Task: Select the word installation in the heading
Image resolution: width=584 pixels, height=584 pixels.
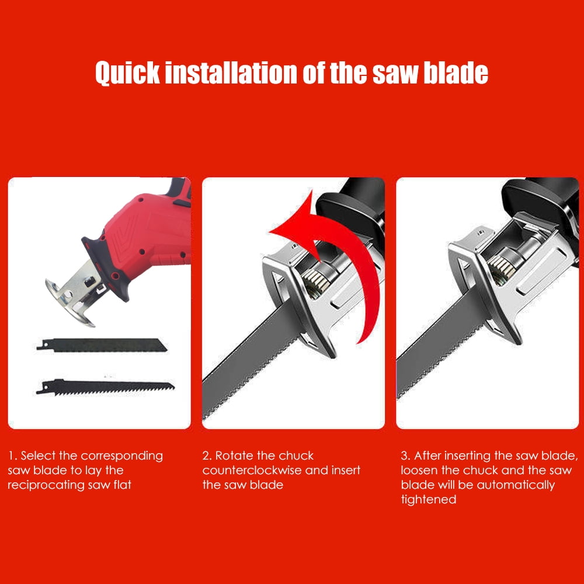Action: point(231,72)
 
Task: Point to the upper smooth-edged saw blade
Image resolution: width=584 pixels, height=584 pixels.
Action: point(102,345)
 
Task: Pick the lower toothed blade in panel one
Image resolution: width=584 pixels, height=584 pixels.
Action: point(105,387)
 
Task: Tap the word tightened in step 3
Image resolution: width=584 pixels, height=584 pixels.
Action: point(428,500)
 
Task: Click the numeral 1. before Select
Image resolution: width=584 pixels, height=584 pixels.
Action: point(13,456)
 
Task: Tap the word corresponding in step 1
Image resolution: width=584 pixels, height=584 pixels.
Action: point(122,456)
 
